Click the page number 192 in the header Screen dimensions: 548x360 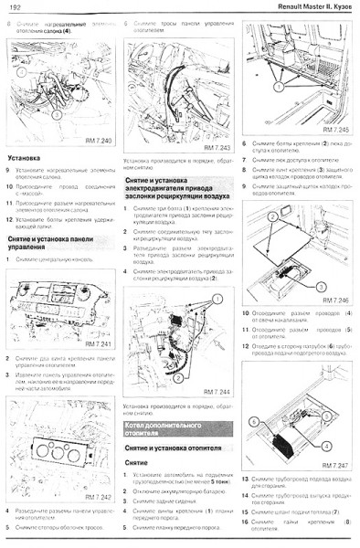(x=16, y=8)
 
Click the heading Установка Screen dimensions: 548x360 (x=25, y=159)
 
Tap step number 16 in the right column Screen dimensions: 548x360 (x=246, y=522)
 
